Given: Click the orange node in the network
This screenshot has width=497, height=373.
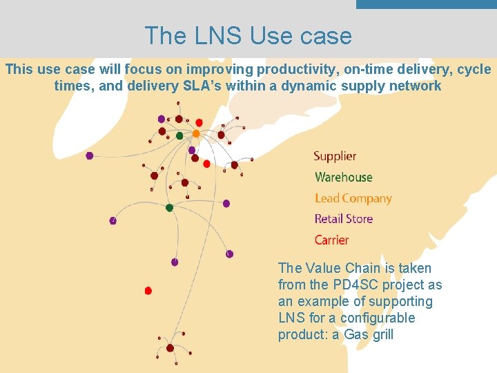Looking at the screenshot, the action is pyautogui.click(x=196, y=133).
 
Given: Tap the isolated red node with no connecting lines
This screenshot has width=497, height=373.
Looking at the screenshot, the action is pyautogui.click(x=148, y=291).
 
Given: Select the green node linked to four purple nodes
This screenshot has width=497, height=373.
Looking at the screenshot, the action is pyautogui.click(x=169, y=207).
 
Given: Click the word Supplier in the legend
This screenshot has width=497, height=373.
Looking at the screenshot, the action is pyautogui.click(x=335, y=156).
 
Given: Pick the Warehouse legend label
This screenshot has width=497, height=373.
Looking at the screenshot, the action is pyautogui.click(x=343, y=177).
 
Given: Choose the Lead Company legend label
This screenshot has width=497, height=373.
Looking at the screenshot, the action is pyautogui.click(x=353, y=198).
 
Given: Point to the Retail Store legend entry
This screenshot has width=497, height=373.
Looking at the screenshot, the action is pyautogui.click(x=343, y=219).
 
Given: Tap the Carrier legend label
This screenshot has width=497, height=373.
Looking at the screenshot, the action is pyautogui.click(x=331, y=240).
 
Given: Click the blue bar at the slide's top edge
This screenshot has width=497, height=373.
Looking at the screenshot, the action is pyautogui.click(x=426, y=4).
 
